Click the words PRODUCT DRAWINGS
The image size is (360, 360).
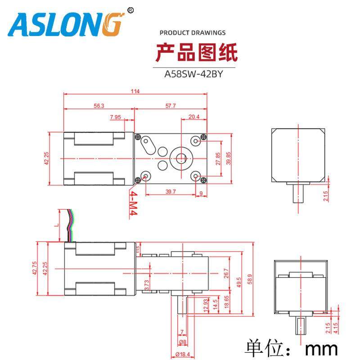[193, 33]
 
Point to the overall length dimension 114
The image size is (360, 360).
[135, 92]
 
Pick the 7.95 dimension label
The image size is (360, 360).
[116, 117]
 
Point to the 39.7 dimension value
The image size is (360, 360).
[171, 192]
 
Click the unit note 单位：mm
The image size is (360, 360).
[291, 347]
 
